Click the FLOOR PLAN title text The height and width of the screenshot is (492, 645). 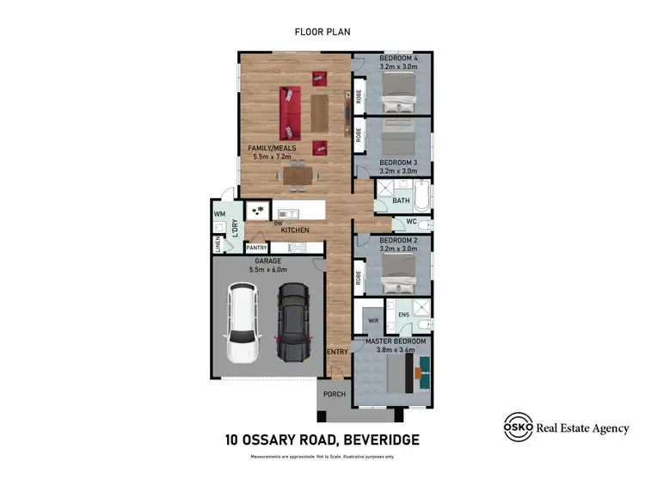tap(322, 32)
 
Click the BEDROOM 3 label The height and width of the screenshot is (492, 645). tap(398, 163)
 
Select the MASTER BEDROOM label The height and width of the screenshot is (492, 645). tap(396, 341)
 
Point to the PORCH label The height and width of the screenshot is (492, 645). tap(334, 394)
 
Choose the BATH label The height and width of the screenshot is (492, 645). tap(401, 200)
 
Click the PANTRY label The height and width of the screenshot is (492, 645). tap(258, 248)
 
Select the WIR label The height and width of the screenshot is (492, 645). tap(373, 320)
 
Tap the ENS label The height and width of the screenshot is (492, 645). tap(403, 316)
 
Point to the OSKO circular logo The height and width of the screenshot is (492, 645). tap(519, 427)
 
